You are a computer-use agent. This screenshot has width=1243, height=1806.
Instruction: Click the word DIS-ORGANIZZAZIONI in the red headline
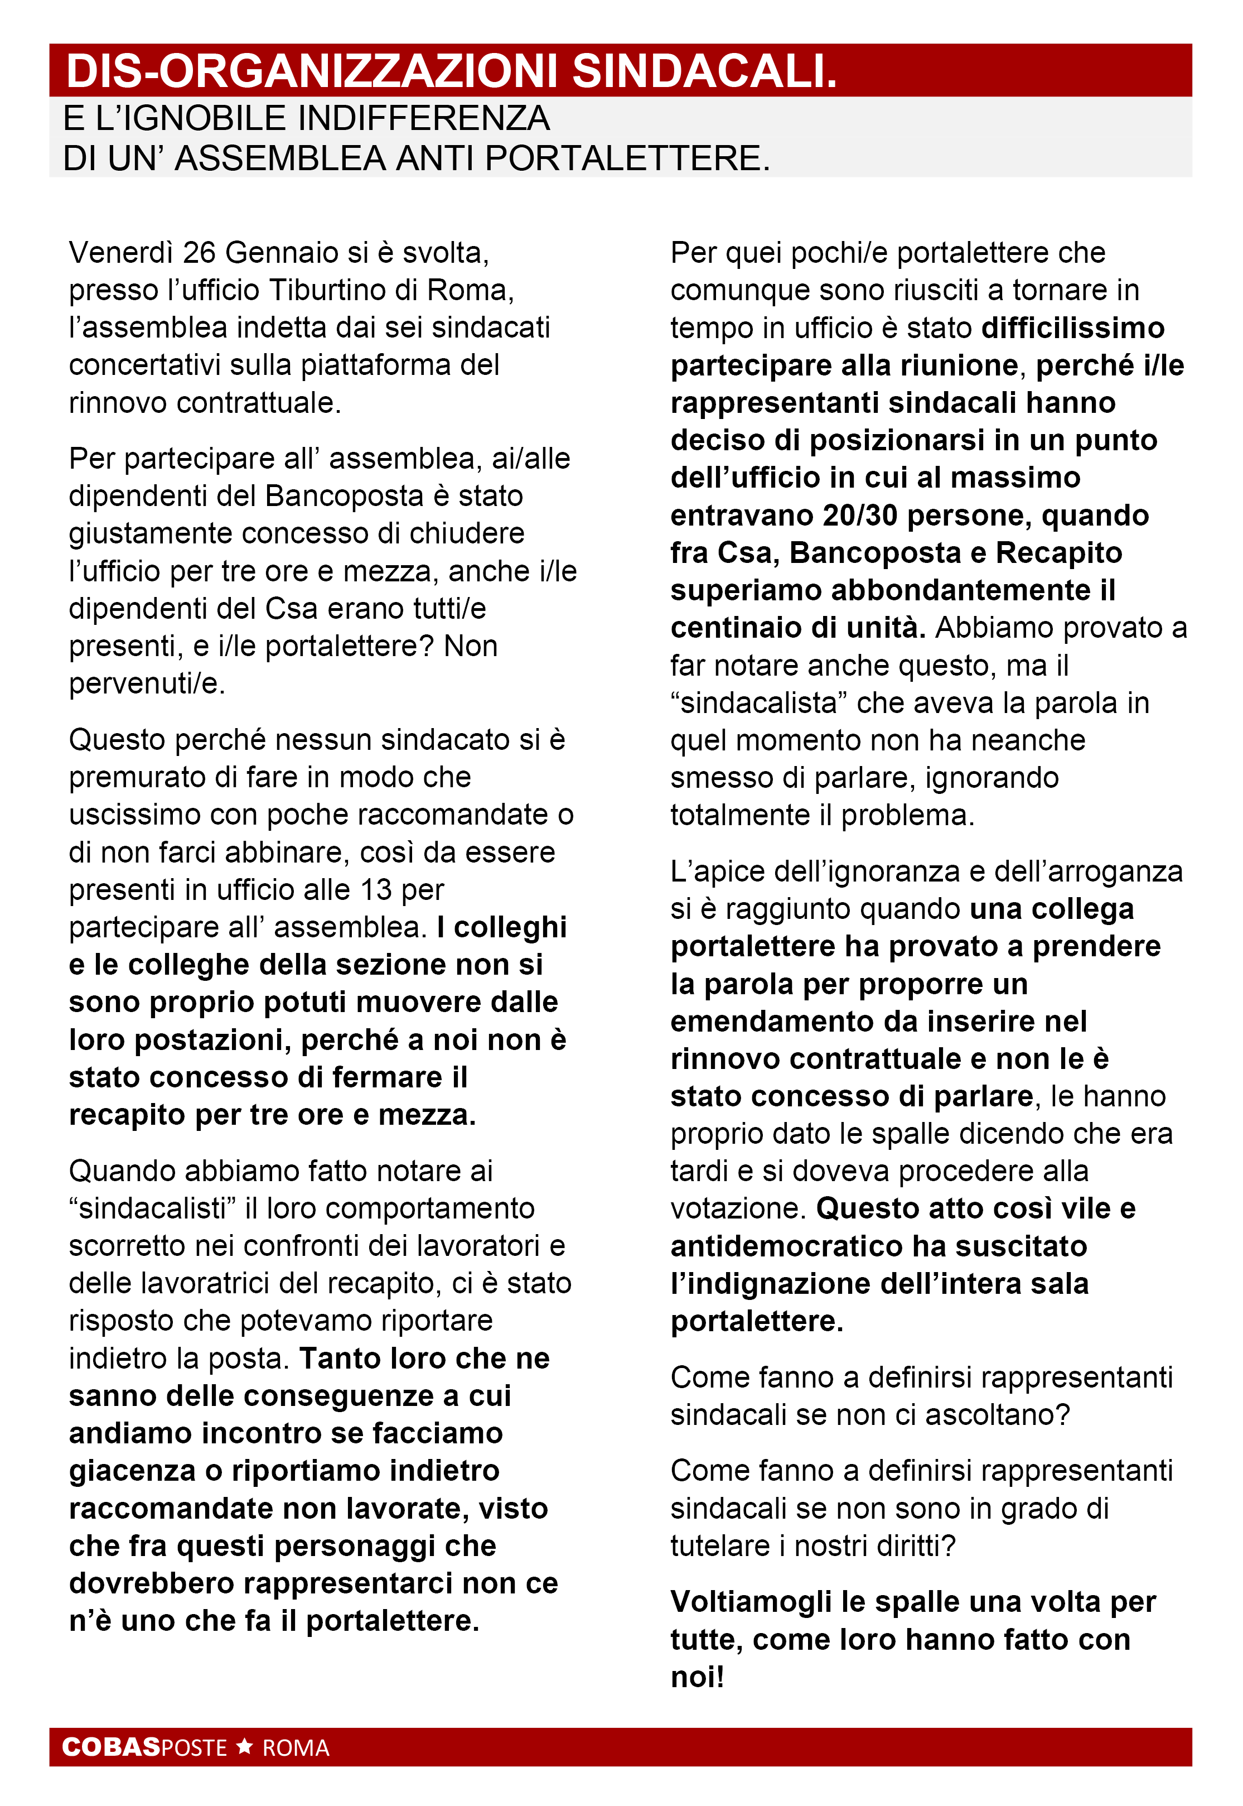click(312, 71)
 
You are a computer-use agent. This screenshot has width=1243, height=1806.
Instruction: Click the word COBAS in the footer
click(112, 1747)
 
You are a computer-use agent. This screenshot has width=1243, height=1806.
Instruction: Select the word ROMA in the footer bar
click(296, 1747)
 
